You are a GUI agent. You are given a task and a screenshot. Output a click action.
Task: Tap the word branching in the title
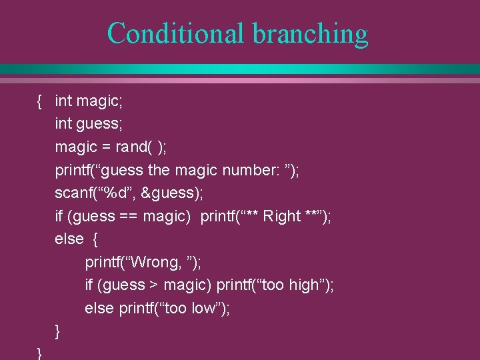310,33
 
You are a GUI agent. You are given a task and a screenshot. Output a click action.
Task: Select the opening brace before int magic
40,101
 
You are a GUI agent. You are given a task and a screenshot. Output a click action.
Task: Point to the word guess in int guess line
99,124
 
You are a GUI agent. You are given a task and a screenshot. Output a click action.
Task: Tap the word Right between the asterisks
282,216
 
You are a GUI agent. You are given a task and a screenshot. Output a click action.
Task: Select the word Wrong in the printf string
153,262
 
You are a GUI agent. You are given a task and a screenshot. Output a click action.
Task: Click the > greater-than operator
153,285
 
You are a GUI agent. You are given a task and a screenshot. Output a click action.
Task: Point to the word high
304,285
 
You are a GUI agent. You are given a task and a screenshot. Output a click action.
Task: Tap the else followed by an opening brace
69,239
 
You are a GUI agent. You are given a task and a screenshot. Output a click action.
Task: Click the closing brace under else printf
58,331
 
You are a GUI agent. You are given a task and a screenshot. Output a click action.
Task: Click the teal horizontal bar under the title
240,69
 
